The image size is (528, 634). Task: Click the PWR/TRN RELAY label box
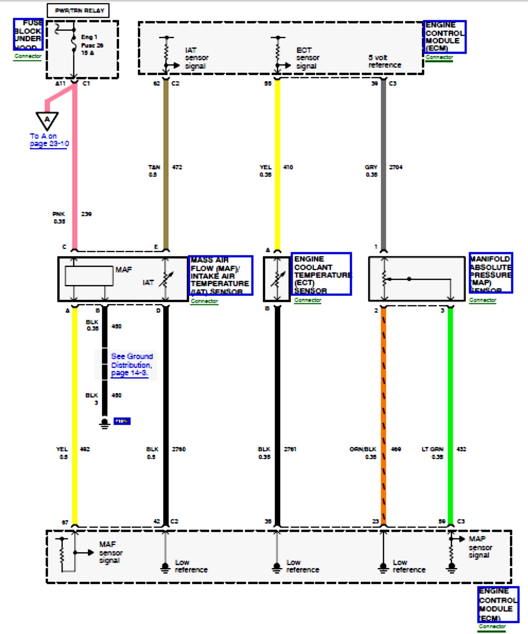[78, 11]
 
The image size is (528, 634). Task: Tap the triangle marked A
[47, 120]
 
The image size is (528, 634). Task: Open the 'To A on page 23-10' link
[49, 140]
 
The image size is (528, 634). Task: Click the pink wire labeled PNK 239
[75, 176]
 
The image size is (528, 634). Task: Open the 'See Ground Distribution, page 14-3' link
[131, 365]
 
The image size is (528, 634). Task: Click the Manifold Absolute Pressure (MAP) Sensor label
[491, 273]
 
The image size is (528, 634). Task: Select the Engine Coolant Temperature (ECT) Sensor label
[321, 274]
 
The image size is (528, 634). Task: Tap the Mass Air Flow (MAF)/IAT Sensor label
[221, 275]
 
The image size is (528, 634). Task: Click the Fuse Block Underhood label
[28, 34]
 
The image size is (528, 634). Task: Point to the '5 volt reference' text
[384, 61]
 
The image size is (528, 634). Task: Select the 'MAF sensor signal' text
[111, 552]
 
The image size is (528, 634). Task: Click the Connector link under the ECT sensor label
[308, 300]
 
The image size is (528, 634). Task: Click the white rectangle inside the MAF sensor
[89, 276]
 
